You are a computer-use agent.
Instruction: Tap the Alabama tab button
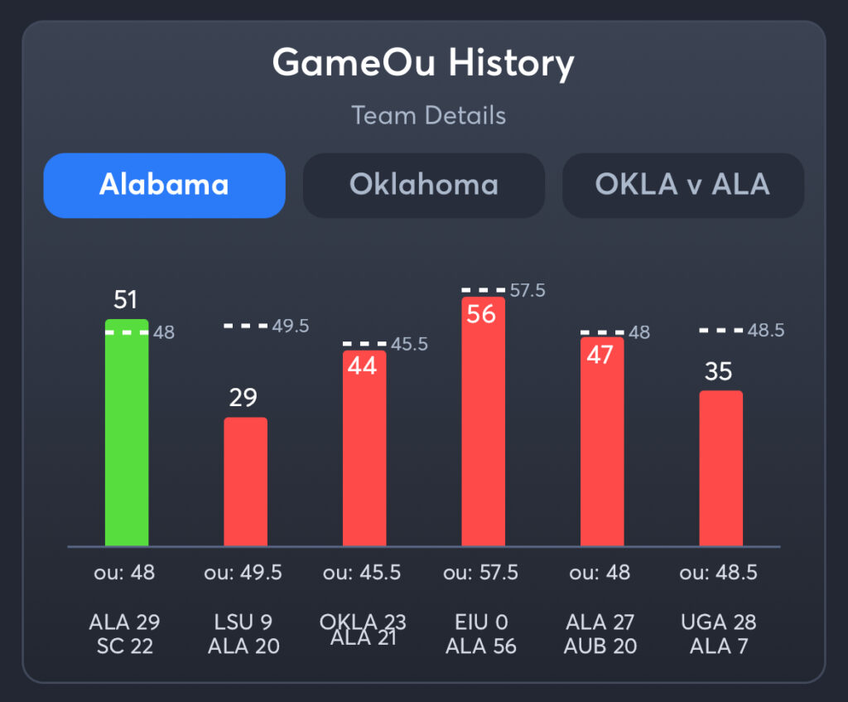point(164,185)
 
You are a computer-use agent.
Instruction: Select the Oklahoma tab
point(423,185)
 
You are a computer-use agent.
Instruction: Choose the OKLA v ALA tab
point(682,185)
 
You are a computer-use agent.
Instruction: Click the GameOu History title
point(423,63)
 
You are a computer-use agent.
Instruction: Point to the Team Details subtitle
point(428,115)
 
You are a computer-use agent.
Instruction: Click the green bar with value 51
point(127,439)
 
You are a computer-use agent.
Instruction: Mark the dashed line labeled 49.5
point(245,326)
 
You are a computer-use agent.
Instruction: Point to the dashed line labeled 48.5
point(720,330)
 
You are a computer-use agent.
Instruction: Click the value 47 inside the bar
point(600,355)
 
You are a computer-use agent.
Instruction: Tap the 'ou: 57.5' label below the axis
point(481,573)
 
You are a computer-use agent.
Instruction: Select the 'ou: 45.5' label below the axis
point(362,573)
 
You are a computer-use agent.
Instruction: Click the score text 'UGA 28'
point(718,622)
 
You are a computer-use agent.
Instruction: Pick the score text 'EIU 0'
point(481,622)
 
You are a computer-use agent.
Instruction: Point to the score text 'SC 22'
point(124,646)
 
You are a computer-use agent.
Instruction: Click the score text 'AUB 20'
point(600,646)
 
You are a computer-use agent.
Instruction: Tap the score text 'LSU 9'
point(243,622)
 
